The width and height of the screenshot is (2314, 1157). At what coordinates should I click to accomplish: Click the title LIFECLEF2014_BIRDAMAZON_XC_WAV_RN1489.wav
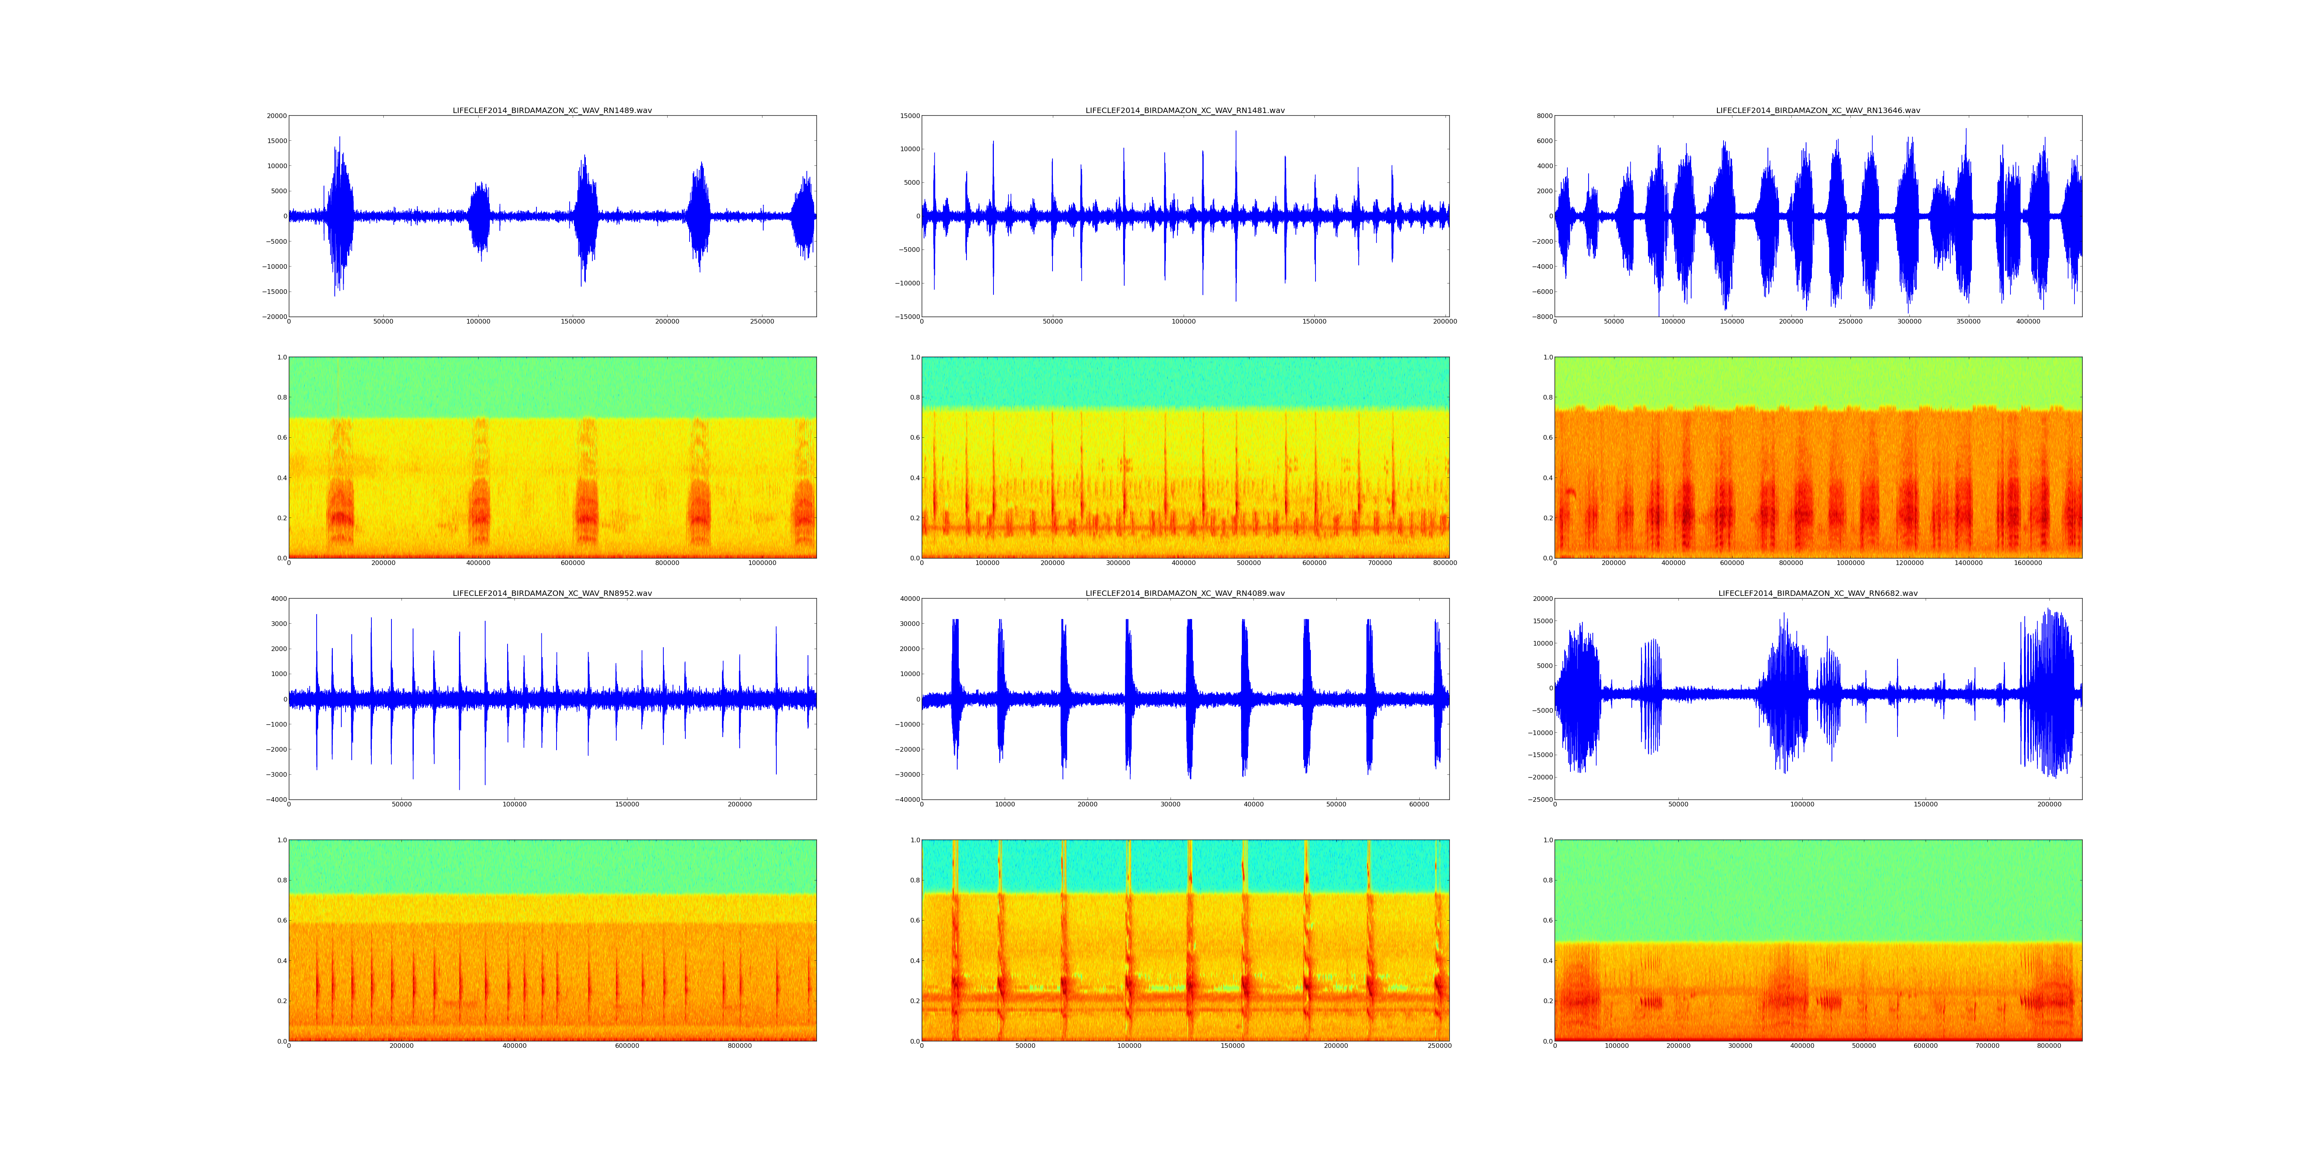(x=552, y=110)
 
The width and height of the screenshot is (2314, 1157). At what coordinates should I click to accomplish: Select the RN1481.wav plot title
(x=1185, y=110)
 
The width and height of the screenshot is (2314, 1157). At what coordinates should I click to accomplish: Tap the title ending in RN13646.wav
(x=1817, y=110)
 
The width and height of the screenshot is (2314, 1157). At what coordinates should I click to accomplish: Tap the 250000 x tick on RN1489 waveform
(x=762, y=322)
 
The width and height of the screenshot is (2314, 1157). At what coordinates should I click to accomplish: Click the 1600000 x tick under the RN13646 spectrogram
(x=2027, y=563)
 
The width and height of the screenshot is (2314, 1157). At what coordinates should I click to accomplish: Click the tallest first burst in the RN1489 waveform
(x=339, y=216)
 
